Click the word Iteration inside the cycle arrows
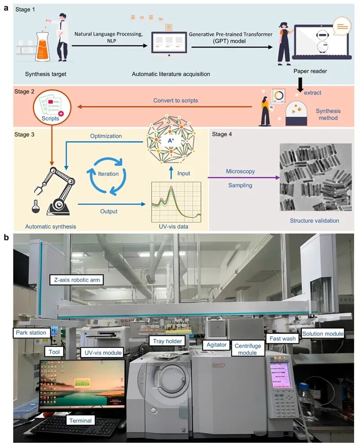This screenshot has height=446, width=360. point(108,173)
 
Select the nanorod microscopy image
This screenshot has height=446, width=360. point(315,177)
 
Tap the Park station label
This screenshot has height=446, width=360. point(31,333)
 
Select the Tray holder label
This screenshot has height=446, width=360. point(167,341)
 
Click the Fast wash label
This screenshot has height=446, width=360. point(282,338)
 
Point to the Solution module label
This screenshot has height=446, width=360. point(323,333)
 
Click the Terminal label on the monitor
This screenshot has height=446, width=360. point(80,420)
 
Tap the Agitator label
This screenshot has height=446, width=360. point(216,345)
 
